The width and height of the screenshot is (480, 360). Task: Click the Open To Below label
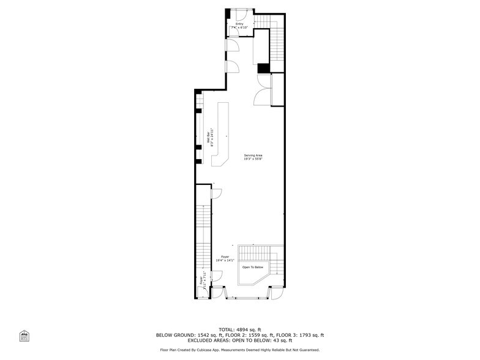252,267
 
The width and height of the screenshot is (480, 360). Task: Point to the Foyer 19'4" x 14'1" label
225,258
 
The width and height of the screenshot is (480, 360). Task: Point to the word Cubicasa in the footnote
223,350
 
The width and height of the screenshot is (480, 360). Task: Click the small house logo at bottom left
24,336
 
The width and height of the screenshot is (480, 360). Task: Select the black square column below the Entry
263,69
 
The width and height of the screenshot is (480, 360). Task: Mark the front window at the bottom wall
247,298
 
